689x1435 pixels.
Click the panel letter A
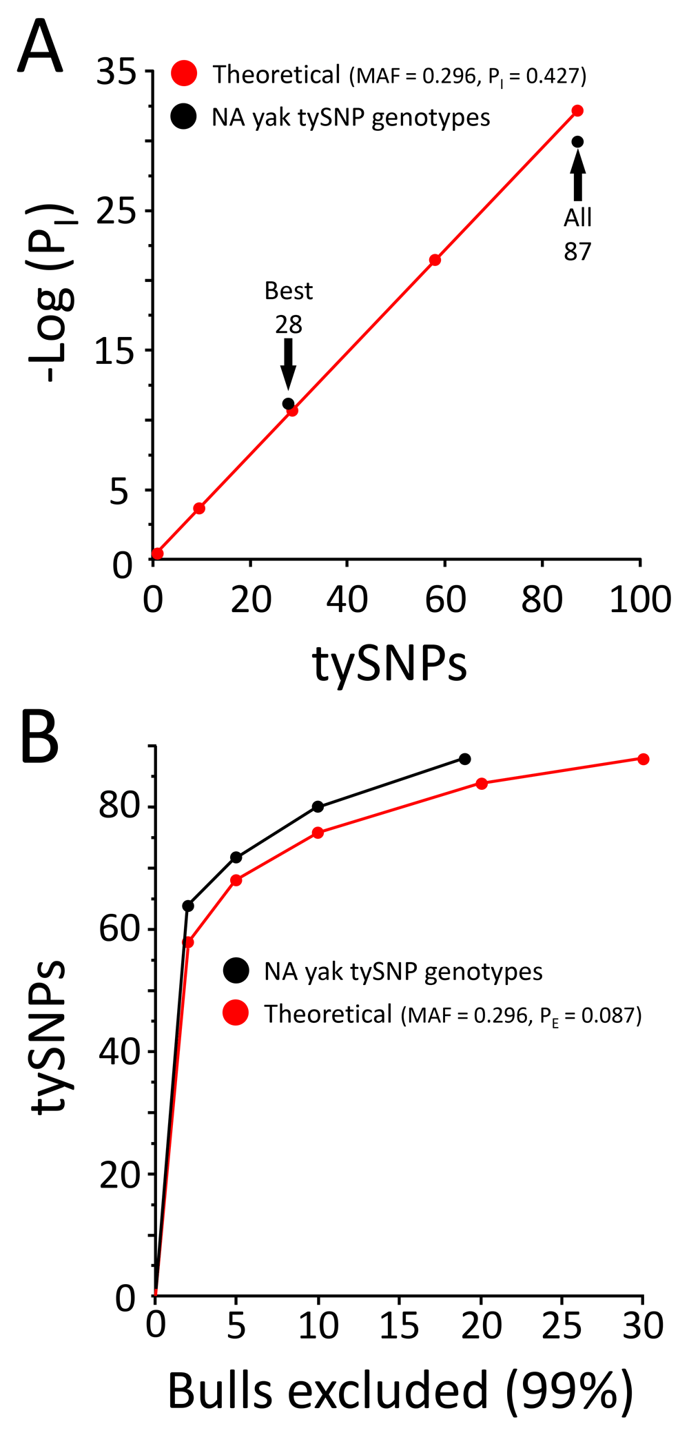40,46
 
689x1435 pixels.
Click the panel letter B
40,737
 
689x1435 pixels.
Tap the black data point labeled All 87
577,142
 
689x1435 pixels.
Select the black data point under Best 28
288,404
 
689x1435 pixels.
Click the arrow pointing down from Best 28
288,364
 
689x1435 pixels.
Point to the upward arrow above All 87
577,175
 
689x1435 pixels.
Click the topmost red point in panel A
577,111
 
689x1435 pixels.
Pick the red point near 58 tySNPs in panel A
435,260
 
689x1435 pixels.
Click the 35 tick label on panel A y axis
116,71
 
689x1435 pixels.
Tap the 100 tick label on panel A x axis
640,600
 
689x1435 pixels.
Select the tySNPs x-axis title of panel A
389,664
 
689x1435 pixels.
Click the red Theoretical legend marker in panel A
184,74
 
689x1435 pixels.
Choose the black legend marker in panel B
236,971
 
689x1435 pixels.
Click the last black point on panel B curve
464,759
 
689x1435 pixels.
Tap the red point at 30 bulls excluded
643,759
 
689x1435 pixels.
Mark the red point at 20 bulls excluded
482,784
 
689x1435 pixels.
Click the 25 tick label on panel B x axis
562,1325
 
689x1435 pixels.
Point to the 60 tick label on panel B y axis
119,929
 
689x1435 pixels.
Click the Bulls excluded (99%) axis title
400,1391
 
